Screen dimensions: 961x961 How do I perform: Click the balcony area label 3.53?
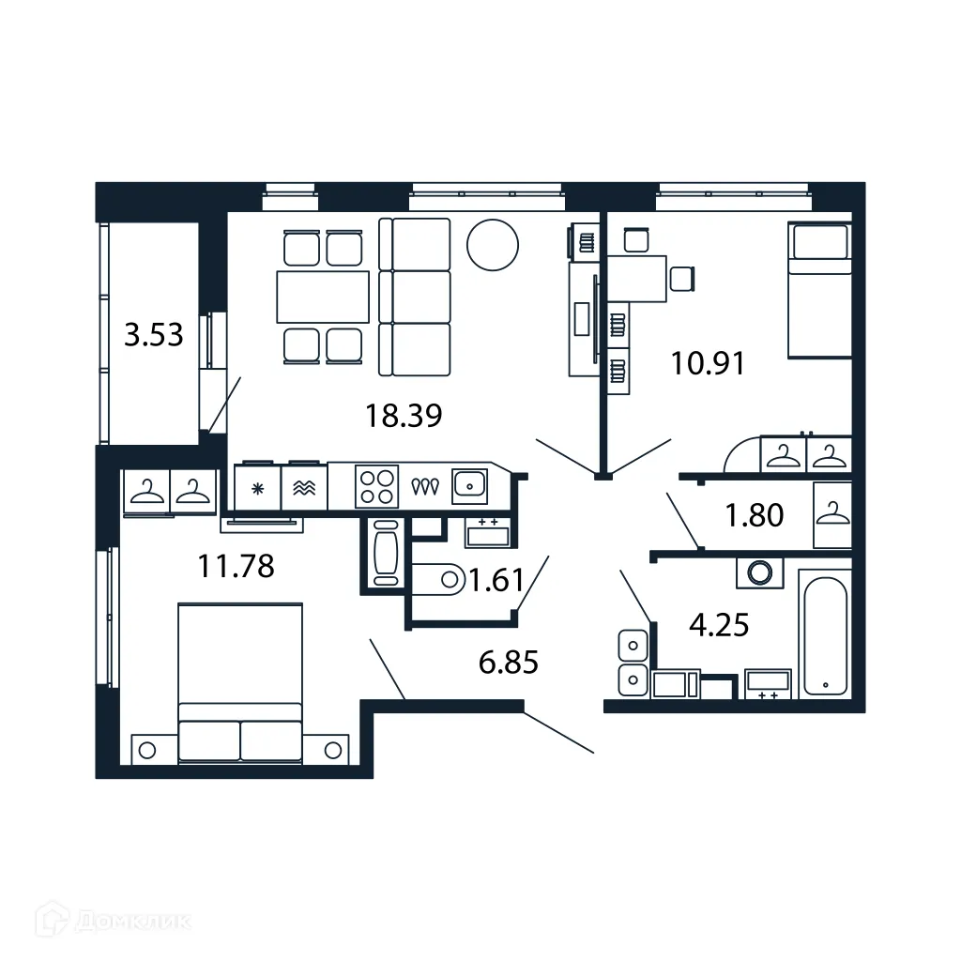[154, 334]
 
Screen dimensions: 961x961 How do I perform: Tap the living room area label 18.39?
[404, 415]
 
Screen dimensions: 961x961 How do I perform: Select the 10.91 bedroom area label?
[708, 362]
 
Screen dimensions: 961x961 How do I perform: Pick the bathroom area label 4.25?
[719, 624]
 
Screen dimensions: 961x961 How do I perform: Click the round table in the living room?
[493, 243]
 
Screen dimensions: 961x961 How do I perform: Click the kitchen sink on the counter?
[468, 484]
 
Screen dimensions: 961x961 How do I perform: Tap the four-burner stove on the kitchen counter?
[376, 486]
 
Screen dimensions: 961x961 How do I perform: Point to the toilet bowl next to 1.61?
[439, 580]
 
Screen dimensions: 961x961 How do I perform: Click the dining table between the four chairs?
[323, 296]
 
